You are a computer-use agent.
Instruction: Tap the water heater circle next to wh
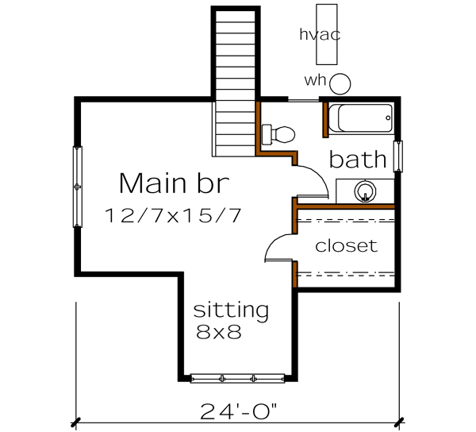(340, 83)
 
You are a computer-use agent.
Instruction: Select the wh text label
(315, 80)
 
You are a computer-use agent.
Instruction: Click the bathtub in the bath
(362, 119)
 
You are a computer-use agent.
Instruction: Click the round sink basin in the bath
(366, 191)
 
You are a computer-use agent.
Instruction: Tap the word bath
(358, 160)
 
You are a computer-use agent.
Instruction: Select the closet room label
(347, 246)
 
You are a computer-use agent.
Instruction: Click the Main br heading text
(174, 183)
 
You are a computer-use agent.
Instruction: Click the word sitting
(231, 310)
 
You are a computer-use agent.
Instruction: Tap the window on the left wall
(77, 187)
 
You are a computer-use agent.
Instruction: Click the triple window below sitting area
(237, 377)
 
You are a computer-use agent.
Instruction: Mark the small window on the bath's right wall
(398, 156)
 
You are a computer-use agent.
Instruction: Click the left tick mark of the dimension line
(77, 422)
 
